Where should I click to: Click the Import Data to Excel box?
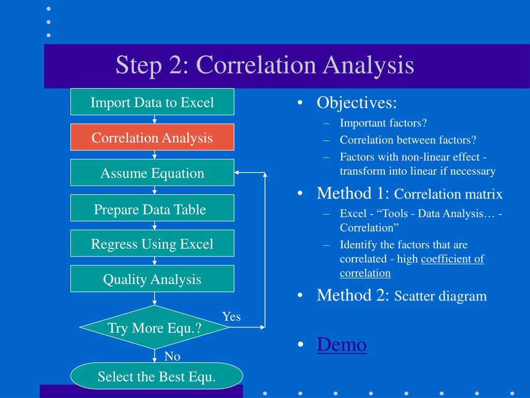(152, 102)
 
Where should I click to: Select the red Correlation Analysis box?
(152, 137)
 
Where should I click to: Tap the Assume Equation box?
(152, 173)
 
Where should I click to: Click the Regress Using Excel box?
(152, 244)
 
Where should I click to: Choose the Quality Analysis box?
(152, 279)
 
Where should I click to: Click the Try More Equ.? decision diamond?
(154, 328)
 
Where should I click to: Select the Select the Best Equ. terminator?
(156, 377)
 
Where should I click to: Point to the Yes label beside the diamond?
(231, 317)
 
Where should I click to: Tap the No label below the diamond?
(172, 356)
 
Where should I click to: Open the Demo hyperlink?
(342, 345)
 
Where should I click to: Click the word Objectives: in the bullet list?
(357, 103)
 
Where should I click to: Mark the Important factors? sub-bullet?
(383, 123)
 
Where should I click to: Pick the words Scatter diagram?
(440, 296)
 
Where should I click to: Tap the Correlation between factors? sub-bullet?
(408, 140)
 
